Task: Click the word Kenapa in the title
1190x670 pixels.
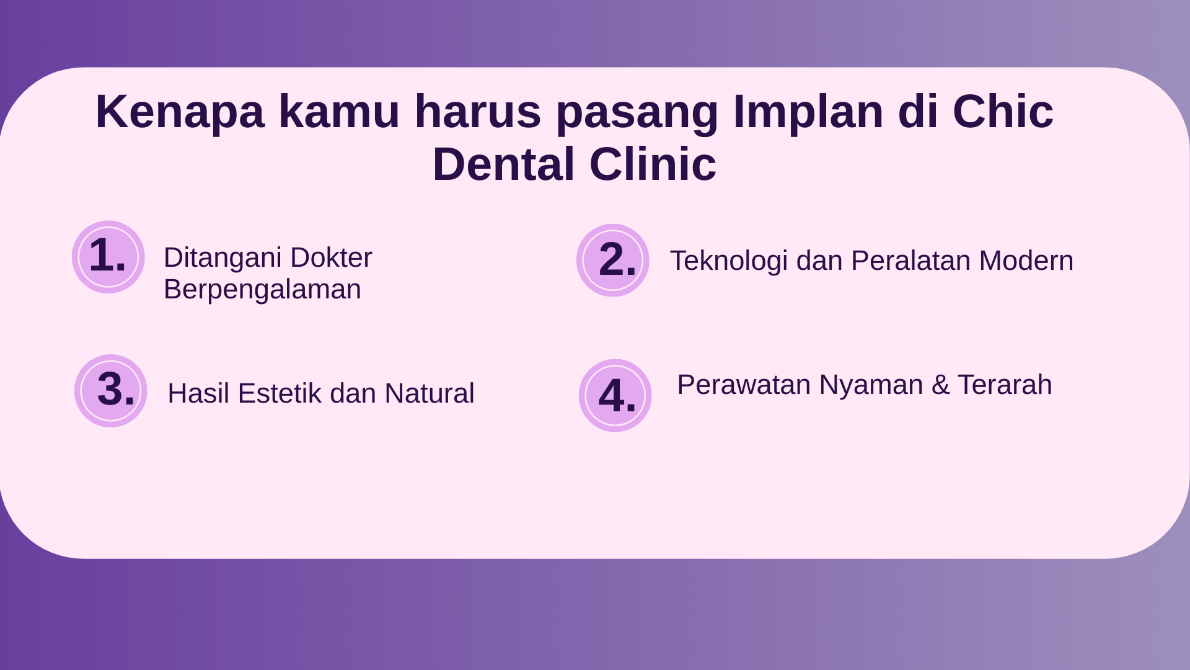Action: point(180,112)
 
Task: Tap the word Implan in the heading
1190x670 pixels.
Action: point(808,112)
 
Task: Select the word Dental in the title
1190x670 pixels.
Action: point(503,164)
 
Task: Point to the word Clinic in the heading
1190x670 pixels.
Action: point(653,164)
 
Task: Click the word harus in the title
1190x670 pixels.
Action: point(478,112)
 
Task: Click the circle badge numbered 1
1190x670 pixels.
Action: point(108,257)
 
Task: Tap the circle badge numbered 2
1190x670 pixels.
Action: point(612,260)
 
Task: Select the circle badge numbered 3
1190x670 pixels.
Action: point(110,391)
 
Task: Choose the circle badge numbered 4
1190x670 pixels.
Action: point(615,395)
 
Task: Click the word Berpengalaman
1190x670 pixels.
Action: point(262,290)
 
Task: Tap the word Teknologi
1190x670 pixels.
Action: point(729,261)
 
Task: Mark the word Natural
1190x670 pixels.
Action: point(429,393)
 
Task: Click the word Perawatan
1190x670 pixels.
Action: point(744,385)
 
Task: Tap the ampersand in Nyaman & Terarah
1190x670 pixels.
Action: point(940,385)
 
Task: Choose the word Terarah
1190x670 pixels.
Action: point(1005,385)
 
